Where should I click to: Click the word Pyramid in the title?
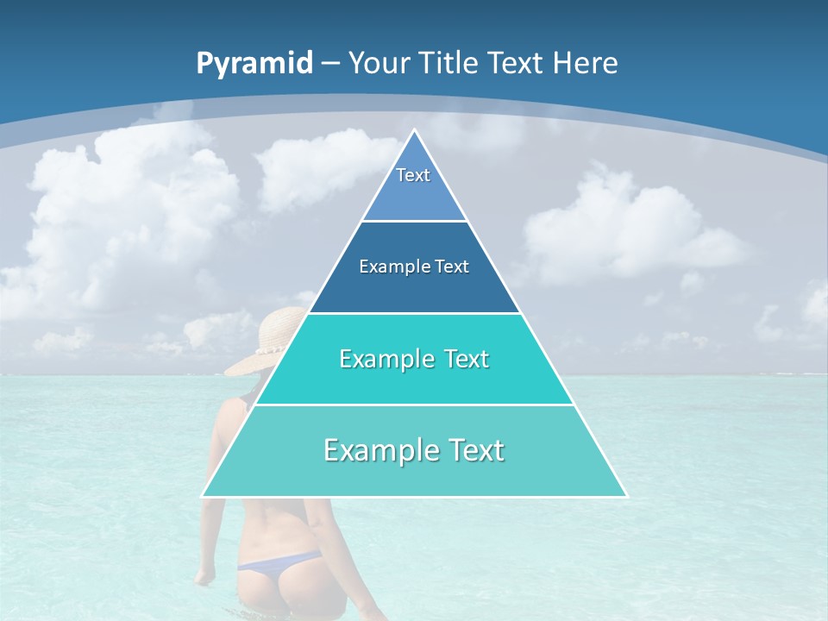254,63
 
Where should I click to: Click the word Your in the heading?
379,63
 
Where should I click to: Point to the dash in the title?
330,64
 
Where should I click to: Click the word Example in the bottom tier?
380,450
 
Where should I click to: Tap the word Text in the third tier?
463,359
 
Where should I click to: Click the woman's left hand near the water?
204,576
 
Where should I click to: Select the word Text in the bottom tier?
473,450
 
